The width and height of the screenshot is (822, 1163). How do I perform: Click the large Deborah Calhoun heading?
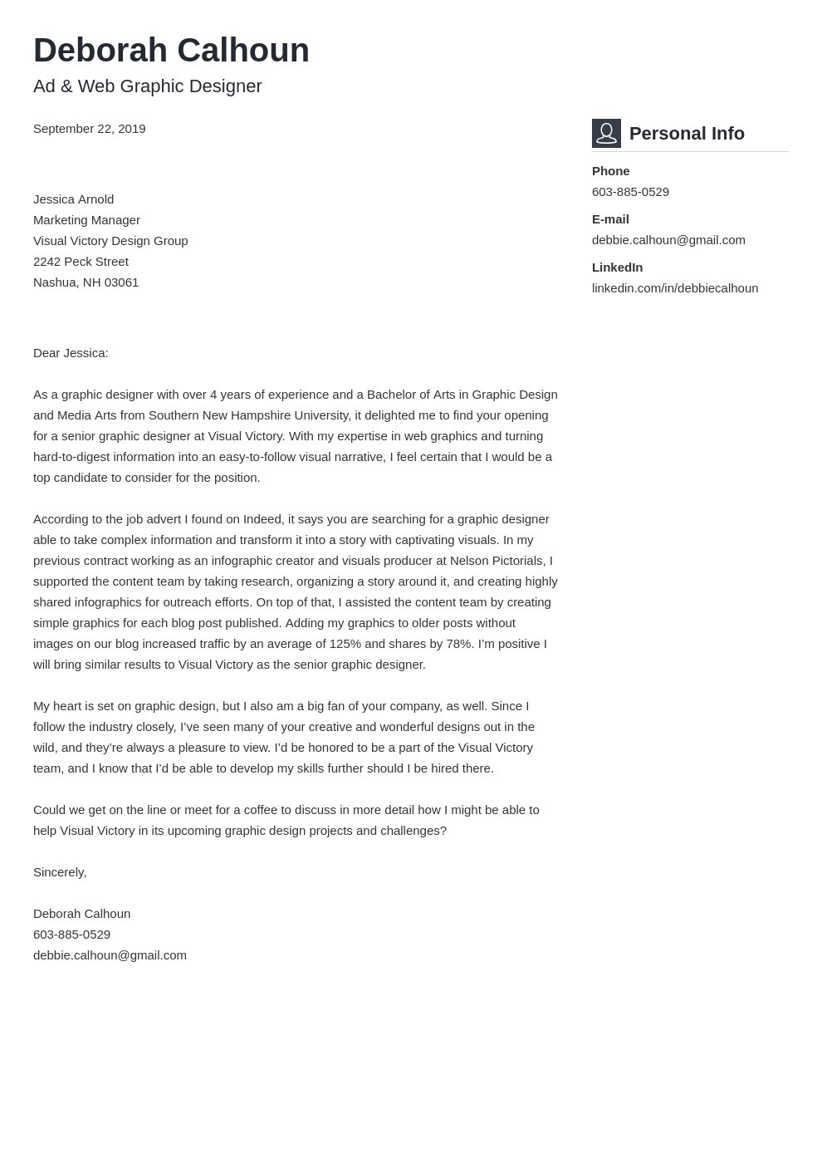(x=171, y=51)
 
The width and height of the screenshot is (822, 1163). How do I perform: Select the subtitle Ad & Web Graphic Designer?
(x=147, y=86)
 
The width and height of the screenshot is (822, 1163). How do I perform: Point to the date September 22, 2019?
(x=89, y=129)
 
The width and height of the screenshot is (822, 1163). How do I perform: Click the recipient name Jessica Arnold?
(x=73, y=199)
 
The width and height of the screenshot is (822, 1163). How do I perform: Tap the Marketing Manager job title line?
(x=86, y=220)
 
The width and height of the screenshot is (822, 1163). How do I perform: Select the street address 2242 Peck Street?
(x=81, y=262)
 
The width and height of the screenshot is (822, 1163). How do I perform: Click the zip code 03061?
(x=121, y=282)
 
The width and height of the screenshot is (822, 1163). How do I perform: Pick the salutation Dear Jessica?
(x=71, y=353)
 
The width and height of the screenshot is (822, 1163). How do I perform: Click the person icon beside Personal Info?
(x=606, y=133)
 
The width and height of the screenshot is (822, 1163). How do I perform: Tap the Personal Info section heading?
(x=687, y=134)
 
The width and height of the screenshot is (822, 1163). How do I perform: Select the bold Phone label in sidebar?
(x=610, y=171)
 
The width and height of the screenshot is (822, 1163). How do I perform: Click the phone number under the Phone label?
(x=630, y=192)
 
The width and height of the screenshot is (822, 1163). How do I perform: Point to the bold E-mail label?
(x=610, y=219)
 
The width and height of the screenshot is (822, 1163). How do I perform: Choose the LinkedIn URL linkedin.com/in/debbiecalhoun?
(x=674, y=288)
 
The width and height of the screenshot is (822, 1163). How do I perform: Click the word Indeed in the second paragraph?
(x=262, y=519)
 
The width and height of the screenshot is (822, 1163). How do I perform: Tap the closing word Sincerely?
(x=60, y=872)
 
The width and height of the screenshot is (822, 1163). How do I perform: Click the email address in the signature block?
(x=110, y=955)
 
